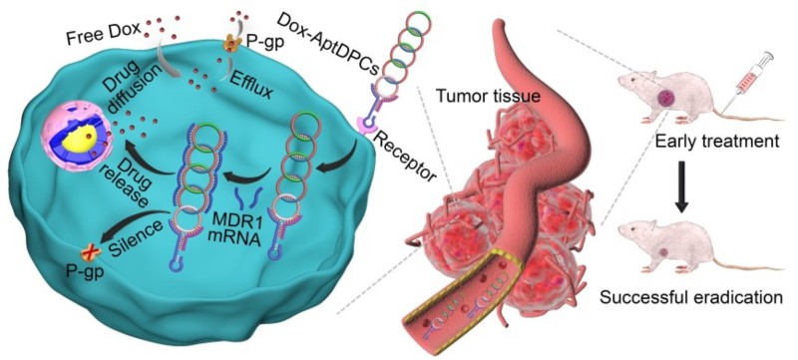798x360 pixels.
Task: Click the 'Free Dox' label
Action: (x=102, y=37)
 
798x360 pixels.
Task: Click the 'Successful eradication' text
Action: (x=691, y=296)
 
